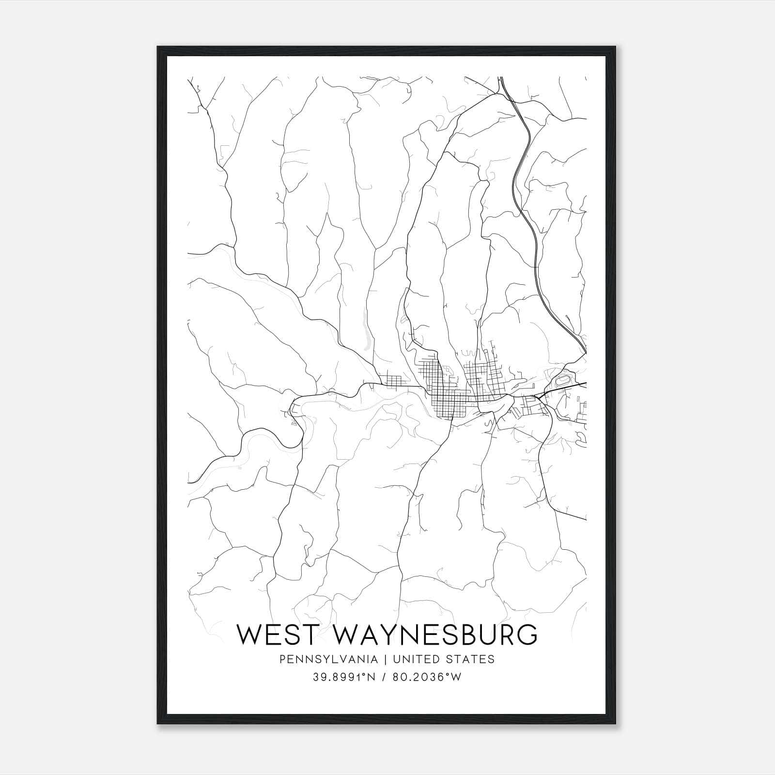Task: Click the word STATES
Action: click(470, 659)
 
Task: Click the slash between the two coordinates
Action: click(385, 677)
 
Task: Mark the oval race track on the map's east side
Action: click(563, 381)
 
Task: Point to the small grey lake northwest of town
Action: click(366, 334)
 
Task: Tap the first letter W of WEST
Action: click(248, 635)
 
